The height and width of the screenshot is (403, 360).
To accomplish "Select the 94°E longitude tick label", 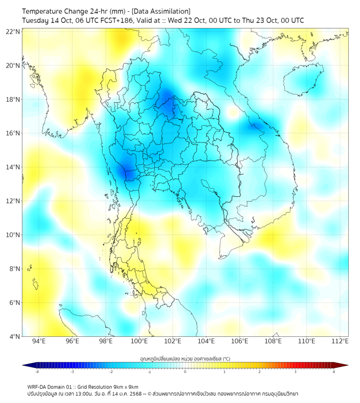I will click(x=39, y=341).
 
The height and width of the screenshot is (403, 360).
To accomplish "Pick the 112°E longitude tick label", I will click(x=340, y=341).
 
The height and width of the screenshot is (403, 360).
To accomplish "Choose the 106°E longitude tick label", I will click(x=240, y=341).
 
